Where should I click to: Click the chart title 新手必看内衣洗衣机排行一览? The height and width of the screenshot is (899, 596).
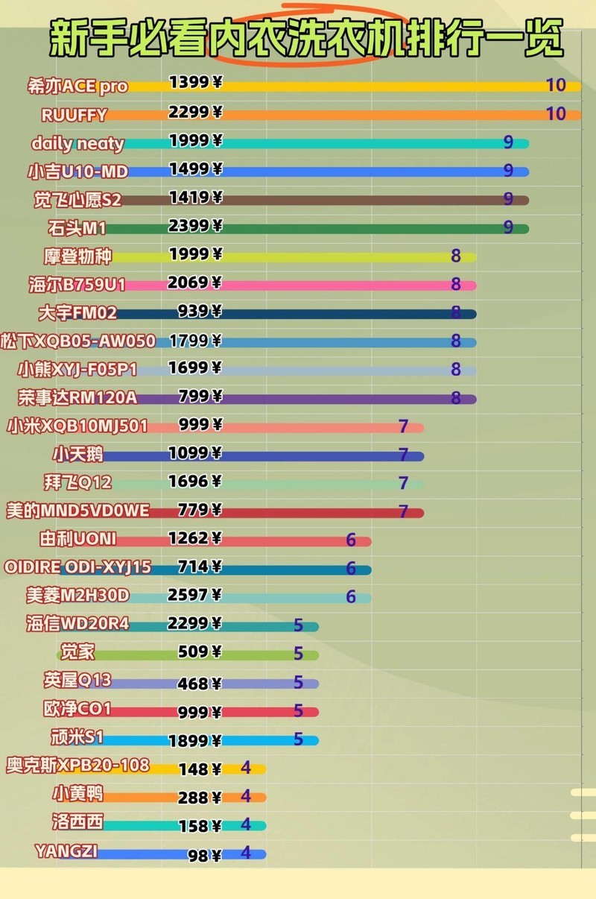305,39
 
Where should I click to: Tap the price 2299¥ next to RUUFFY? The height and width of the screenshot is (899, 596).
195,113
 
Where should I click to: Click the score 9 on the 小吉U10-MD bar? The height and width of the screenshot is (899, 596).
508,171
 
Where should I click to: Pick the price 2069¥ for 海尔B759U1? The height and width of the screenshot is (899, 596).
195,283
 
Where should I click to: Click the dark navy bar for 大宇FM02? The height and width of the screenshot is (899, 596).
335,314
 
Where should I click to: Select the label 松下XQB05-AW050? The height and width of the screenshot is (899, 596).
78,341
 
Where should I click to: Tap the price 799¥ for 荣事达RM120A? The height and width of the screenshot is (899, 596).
200,395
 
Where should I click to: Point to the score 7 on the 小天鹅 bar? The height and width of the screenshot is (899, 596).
403,455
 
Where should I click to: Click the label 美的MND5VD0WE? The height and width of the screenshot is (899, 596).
77,511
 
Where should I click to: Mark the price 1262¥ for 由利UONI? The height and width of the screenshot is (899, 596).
195,538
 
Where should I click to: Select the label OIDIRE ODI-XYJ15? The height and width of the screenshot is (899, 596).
77,567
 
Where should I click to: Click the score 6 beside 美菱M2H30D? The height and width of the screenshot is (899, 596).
351,597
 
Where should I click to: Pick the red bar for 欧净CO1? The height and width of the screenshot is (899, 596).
261,712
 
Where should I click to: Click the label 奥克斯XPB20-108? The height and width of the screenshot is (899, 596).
77,766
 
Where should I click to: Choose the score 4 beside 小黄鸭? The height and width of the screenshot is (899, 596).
246,796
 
